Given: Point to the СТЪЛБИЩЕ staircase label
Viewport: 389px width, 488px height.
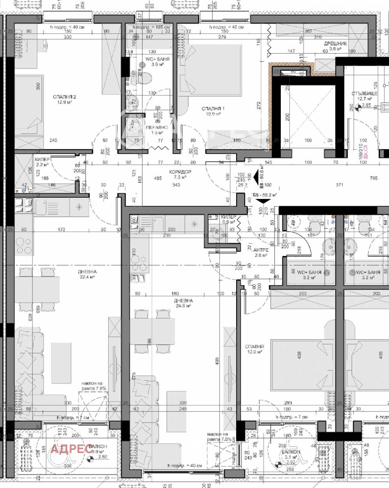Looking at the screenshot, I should [x=364, y=93].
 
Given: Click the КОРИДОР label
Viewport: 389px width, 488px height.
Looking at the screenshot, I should [x=180, y=172].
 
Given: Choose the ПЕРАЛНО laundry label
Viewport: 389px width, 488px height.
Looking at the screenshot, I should [x=157, y=127].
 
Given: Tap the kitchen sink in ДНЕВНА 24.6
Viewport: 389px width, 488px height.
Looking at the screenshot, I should [x=158, y=224].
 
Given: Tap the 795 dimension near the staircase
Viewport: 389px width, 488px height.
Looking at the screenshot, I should [x=373, y=178].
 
